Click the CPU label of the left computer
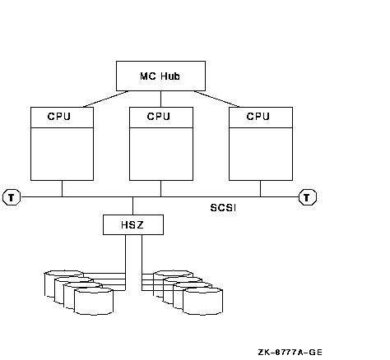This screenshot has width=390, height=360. (59, 117)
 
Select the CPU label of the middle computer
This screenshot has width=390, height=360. (159, 117)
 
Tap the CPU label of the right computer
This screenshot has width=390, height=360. (258, 117)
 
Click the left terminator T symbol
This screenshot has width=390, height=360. (12, 197)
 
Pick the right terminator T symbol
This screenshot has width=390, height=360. (308, 197)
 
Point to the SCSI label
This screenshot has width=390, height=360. (223, 208)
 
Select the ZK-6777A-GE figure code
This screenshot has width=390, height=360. (290, 352)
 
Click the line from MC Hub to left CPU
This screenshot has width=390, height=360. (106, 99)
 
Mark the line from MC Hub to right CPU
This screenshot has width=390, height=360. (217, 99)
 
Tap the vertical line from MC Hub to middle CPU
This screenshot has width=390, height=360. (160, 99)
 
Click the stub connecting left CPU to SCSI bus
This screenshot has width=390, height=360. (62, 188)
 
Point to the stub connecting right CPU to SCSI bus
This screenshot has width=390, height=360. (260, 188)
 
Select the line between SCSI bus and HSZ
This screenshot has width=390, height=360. (133, 205)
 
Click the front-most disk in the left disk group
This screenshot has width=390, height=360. (94, 302)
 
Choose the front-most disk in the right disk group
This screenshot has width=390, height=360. (202, 302)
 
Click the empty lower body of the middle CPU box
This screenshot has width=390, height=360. (161, 154)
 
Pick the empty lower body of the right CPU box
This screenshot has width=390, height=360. (261, 154)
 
